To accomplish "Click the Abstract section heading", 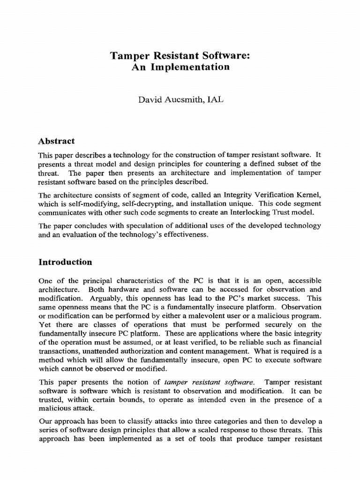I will click(x=56, y=141).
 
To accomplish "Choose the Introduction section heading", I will click(x=65, y=262).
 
